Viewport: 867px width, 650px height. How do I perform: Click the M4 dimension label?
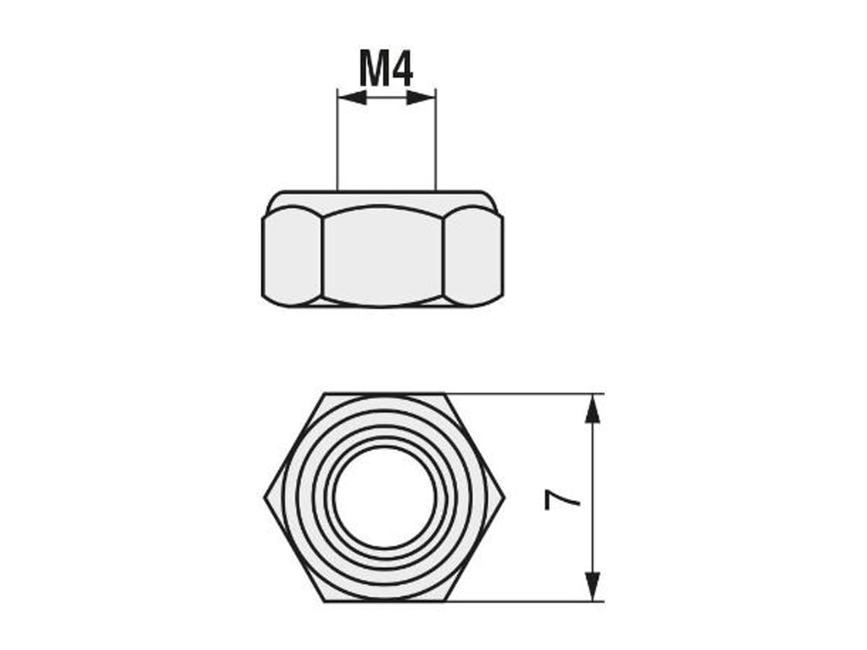pyautogui.click(x=386, y=70)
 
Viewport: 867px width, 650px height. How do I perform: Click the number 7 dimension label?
pyautogui.click(x=563, y=499)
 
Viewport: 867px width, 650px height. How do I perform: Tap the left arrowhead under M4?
pyautogui.click(x=352, y=97)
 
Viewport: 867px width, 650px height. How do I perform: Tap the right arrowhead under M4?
pyautogui.click(x=421, y=97)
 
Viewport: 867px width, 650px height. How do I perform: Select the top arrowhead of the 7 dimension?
pyautogui.click(x=592, y=410)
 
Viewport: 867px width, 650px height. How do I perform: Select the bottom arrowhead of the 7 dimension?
pyautogui.click(x=592, y=585)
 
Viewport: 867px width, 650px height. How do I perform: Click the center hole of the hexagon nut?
pyautogui.click(x=385, y=497)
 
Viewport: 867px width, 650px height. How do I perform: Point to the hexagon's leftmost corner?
pyautogui.click(x=265, y=498)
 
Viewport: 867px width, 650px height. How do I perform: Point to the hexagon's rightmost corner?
pyautogui.click(x=503, y=498)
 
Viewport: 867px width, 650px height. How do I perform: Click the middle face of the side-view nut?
pyautogui.click(x=383, y=256)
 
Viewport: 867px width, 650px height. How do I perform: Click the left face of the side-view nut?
pyautogui.click(x=292, y=256)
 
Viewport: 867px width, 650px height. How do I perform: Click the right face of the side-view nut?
pyautogui.click(x=472, y=256)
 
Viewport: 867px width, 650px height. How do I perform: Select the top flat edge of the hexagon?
pyautogui.click(x=385, y=394)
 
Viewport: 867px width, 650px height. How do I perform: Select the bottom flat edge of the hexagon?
pyautogui.click(x=385, y=601)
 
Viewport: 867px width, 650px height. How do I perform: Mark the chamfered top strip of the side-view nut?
pyautogui.click(x=383, y=199)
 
